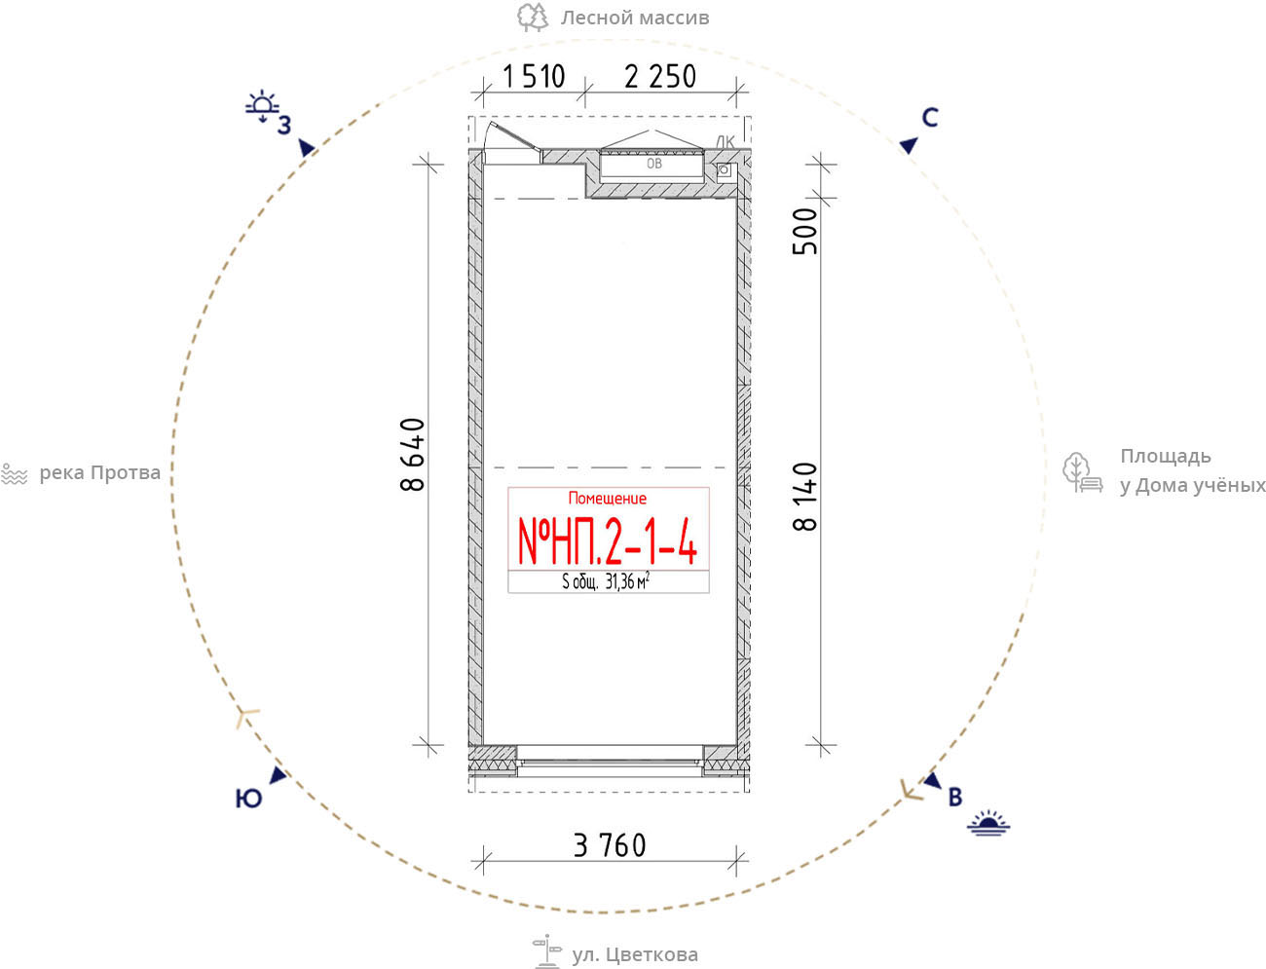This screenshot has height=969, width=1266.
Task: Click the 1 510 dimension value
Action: click(x=534, y=77)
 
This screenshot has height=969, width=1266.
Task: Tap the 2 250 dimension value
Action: click(x=660, y=77)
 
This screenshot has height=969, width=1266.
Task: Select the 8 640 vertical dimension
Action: click(x=413, y=455)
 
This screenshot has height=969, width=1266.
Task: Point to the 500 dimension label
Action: click(x=805, y=231)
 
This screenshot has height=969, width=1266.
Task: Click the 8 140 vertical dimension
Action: click(x=805, y=497)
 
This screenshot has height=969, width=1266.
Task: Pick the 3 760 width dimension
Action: click(x=610, y=846)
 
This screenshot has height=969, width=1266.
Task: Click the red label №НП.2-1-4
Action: click(x=608, y=540)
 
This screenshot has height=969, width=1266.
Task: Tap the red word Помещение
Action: click(x=608, y=499)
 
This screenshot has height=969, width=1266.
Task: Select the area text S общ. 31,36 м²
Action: click(x=606, y=581)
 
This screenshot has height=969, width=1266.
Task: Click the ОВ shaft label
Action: click(x=654, y=164)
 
